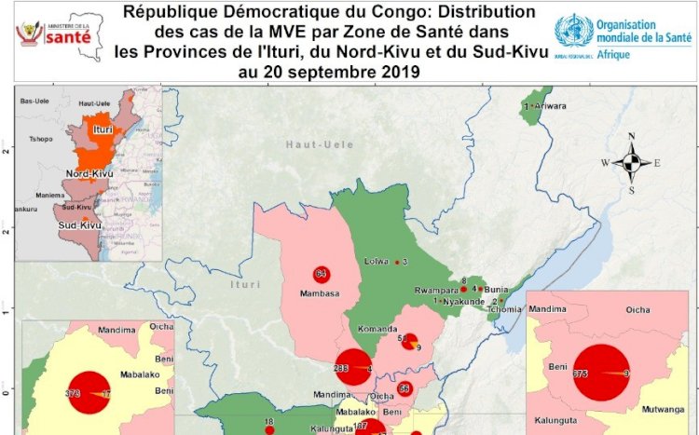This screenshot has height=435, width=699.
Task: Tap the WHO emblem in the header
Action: click(573, 31)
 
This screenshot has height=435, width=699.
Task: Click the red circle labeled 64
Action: click(321, 274)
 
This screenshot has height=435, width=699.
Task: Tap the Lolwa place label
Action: click(377, 262)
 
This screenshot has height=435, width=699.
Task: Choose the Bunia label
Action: click(495, 290)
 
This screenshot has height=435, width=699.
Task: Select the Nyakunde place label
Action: click(463, 302)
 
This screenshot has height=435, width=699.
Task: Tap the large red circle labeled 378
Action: click(89, 392)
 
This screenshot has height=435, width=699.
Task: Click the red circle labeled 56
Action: click(404, 388)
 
